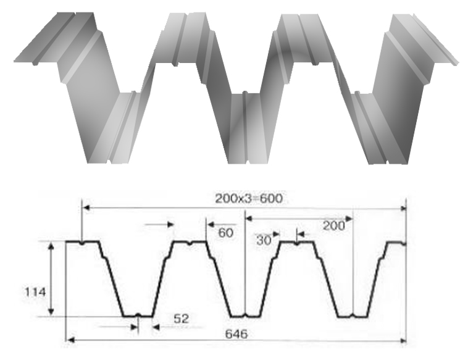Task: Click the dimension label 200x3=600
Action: (x=249, y=198)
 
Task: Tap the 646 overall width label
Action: (x=236, y=333)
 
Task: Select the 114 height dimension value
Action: (x=35, y=291)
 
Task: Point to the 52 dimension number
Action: (x=181, y=319)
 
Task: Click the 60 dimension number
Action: (x=226, y=233)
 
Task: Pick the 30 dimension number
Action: (x=264, y=240)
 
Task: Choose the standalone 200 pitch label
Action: (x=333, y=225)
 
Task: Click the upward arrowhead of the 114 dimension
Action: (x=51, y=246)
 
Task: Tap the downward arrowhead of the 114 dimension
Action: (x=51, y=311)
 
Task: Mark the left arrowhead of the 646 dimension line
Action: (x=70, y=340)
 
